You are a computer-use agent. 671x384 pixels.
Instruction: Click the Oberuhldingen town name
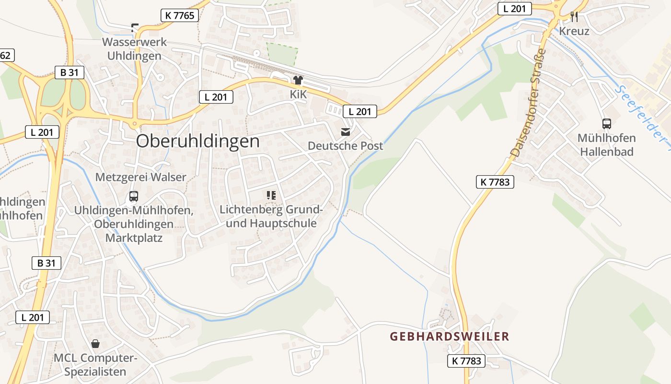[x=198, y=141]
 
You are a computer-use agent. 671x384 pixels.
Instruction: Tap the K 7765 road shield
[x=180, y=15]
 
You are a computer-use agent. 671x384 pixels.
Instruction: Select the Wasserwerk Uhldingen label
[x=134, y=48]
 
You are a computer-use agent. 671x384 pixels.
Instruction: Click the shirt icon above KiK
[x=298, y=80]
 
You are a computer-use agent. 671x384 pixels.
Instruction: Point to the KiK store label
[x=298, y=95]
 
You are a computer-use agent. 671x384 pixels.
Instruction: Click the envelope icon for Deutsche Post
[x=345, y=132]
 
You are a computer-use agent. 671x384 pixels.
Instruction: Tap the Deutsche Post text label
[x=345, y=145]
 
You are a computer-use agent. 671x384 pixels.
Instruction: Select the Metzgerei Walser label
[x=140, y=177]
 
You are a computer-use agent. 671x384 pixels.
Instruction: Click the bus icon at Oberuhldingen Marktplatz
[x=133, y=196]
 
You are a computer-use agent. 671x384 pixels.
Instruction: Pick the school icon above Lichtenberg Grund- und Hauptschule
[x=271, y=195]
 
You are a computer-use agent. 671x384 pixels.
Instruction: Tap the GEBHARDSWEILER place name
[x=449, y=336]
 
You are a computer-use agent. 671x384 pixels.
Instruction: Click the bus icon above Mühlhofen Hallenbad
[x=606, y=124]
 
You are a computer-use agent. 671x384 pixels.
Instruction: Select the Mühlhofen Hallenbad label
[x=606, y=145]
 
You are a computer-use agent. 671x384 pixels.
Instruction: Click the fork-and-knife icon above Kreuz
[x=574, y=17]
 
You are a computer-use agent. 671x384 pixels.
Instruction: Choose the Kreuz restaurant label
[x=574, y=31]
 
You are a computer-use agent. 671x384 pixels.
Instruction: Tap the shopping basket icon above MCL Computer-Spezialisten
[x=95, y=344]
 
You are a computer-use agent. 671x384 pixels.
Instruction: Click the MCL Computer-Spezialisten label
[x=95, y=365]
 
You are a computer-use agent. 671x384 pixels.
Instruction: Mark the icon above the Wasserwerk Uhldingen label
[x=135, y=27]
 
